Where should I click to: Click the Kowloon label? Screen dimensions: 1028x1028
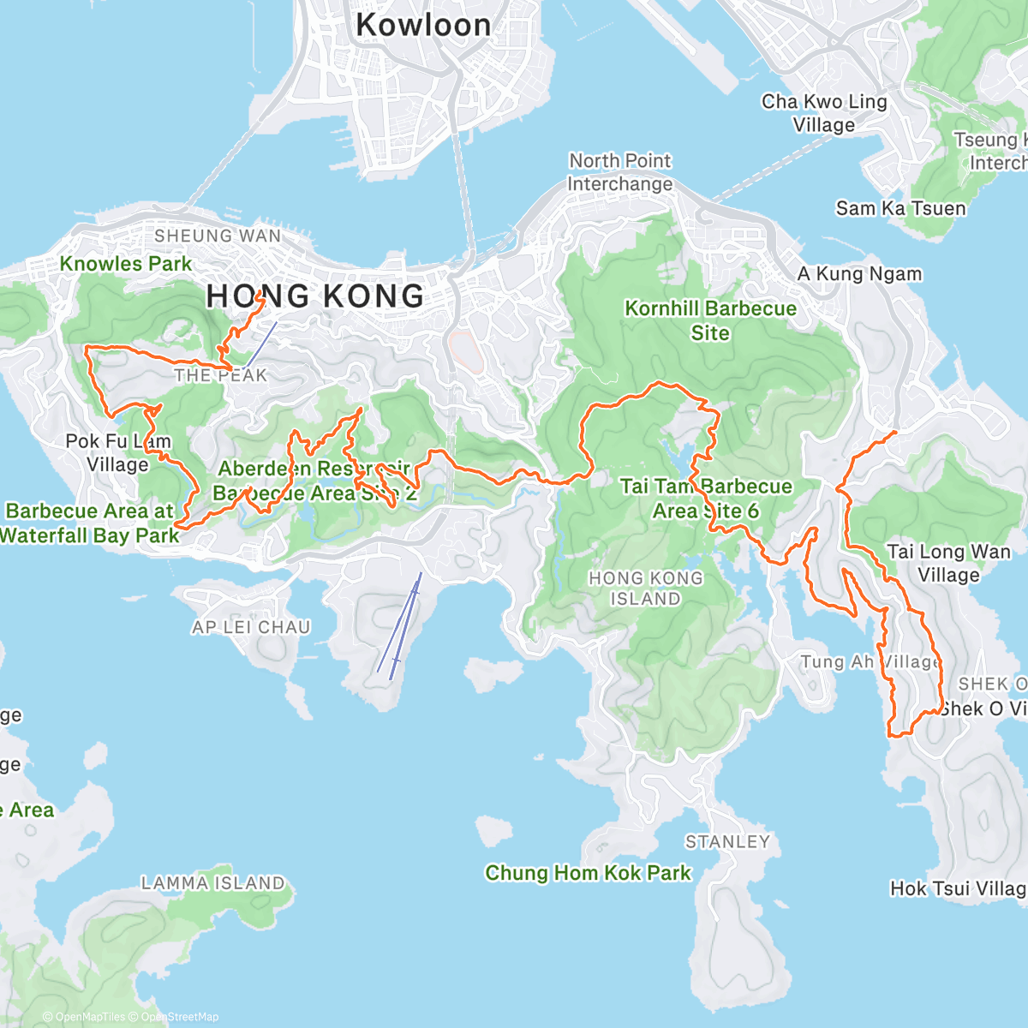click(423, 25)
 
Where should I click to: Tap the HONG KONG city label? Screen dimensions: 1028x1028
click(315, 296)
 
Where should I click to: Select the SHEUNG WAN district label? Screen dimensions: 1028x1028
click(218, 236)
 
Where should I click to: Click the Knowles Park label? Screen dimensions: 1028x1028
click(126, 264)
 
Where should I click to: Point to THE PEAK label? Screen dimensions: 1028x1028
click(221, 375)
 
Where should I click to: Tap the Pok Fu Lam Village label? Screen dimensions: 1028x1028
click(118, 453)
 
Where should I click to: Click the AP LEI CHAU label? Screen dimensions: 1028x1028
click(251, 627)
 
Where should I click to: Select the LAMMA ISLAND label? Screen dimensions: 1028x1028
click(212, 882)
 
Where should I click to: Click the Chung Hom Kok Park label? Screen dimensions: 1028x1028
click(588, 873)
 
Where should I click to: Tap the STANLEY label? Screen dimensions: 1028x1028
click(727, 841)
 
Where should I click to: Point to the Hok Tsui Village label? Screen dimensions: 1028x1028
click(958, 888)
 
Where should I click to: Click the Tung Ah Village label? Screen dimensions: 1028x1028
click(870, 662)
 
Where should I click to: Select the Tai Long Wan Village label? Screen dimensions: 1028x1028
click(948, 563)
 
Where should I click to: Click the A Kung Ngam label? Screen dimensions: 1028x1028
click(859, 274)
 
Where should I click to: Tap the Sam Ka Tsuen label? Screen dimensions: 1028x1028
click(900, 208)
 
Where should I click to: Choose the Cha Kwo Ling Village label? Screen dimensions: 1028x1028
click(824, 113)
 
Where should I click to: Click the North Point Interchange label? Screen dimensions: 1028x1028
click(620, 172)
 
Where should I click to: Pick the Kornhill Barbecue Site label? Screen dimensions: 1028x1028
click(710, 320)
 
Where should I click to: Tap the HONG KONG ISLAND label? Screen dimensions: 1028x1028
click(645, 589)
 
